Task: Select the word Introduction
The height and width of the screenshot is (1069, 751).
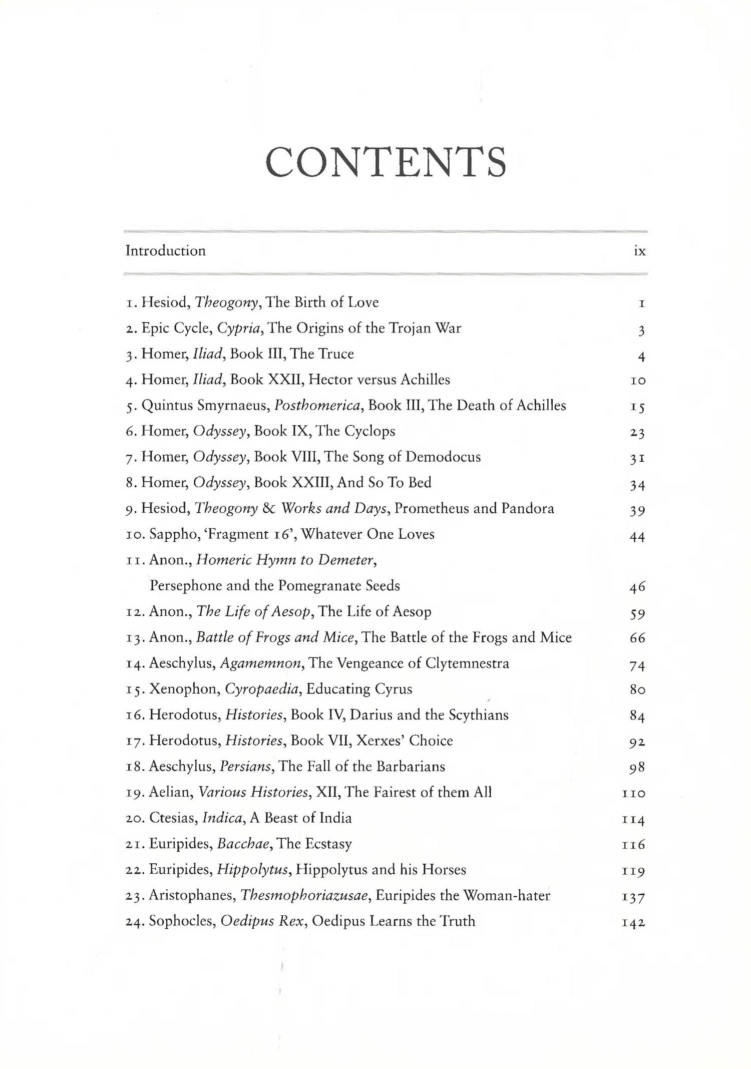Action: (165, 250)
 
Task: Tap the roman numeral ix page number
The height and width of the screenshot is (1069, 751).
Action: (639, 251)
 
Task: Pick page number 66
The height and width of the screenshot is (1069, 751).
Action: (637, 638)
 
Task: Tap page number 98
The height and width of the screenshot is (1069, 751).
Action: (637, 767)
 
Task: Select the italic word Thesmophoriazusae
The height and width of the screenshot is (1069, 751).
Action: (305, 896)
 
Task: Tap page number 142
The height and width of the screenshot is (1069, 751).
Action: (633, 922)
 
